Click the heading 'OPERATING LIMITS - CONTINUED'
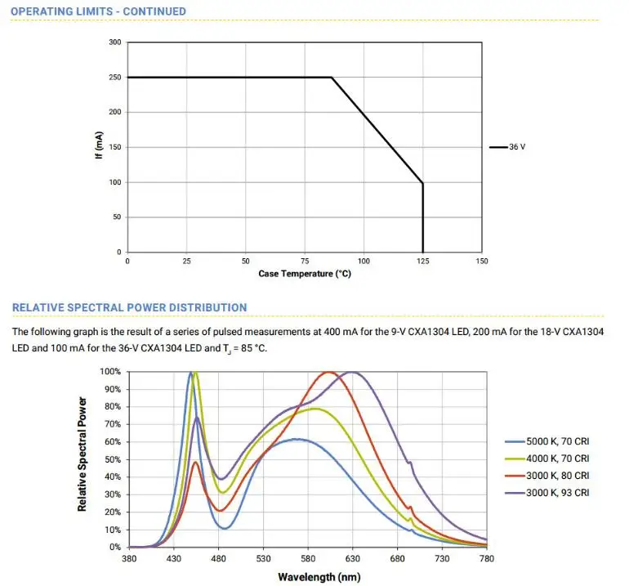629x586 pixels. coord(99,11)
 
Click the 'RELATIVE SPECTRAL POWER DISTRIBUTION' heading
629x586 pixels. coord(129,307)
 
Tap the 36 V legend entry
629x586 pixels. coord(516,147)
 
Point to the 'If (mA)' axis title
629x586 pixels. coord(99,147)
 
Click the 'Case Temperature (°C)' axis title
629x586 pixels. coord(305,274)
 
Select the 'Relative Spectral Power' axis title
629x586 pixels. coord(83,454)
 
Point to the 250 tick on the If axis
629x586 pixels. coord(115,78)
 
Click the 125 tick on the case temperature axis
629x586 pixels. coord(423,261)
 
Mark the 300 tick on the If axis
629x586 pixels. coord(115,42)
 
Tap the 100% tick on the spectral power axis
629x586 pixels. coord(110,372)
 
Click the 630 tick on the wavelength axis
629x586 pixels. coord(353,559)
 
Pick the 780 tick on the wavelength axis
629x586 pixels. coord(486,559)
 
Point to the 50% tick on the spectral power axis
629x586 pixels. coord(113,459)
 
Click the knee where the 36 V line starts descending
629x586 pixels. coord(332,78)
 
